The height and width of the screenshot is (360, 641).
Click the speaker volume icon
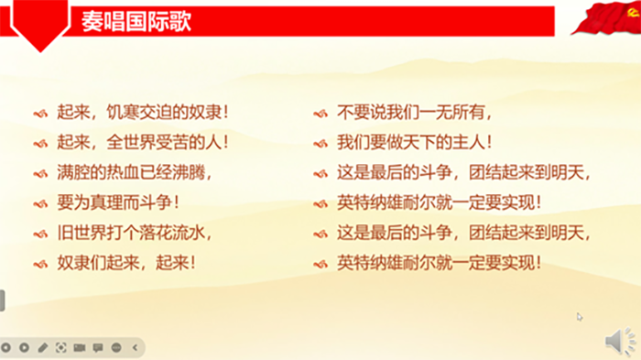pos(621,342)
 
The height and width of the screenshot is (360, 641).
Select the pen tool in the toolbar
pos(42,348)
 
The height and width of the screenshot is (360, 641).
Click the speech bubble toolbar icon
pos(97,348)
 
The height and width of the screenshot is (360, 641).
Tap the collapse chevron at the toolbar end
pos(135,348)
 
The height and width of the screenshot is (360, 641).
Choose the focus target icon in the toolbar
pos(60,348)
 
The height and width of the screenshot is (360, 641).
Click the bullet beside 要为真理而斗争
pos(39,203)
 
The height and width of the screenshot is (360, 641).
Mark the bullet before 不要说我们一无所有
pos(320,115)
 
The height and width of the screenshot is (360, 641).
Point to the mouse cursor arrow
pos(580,317)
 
